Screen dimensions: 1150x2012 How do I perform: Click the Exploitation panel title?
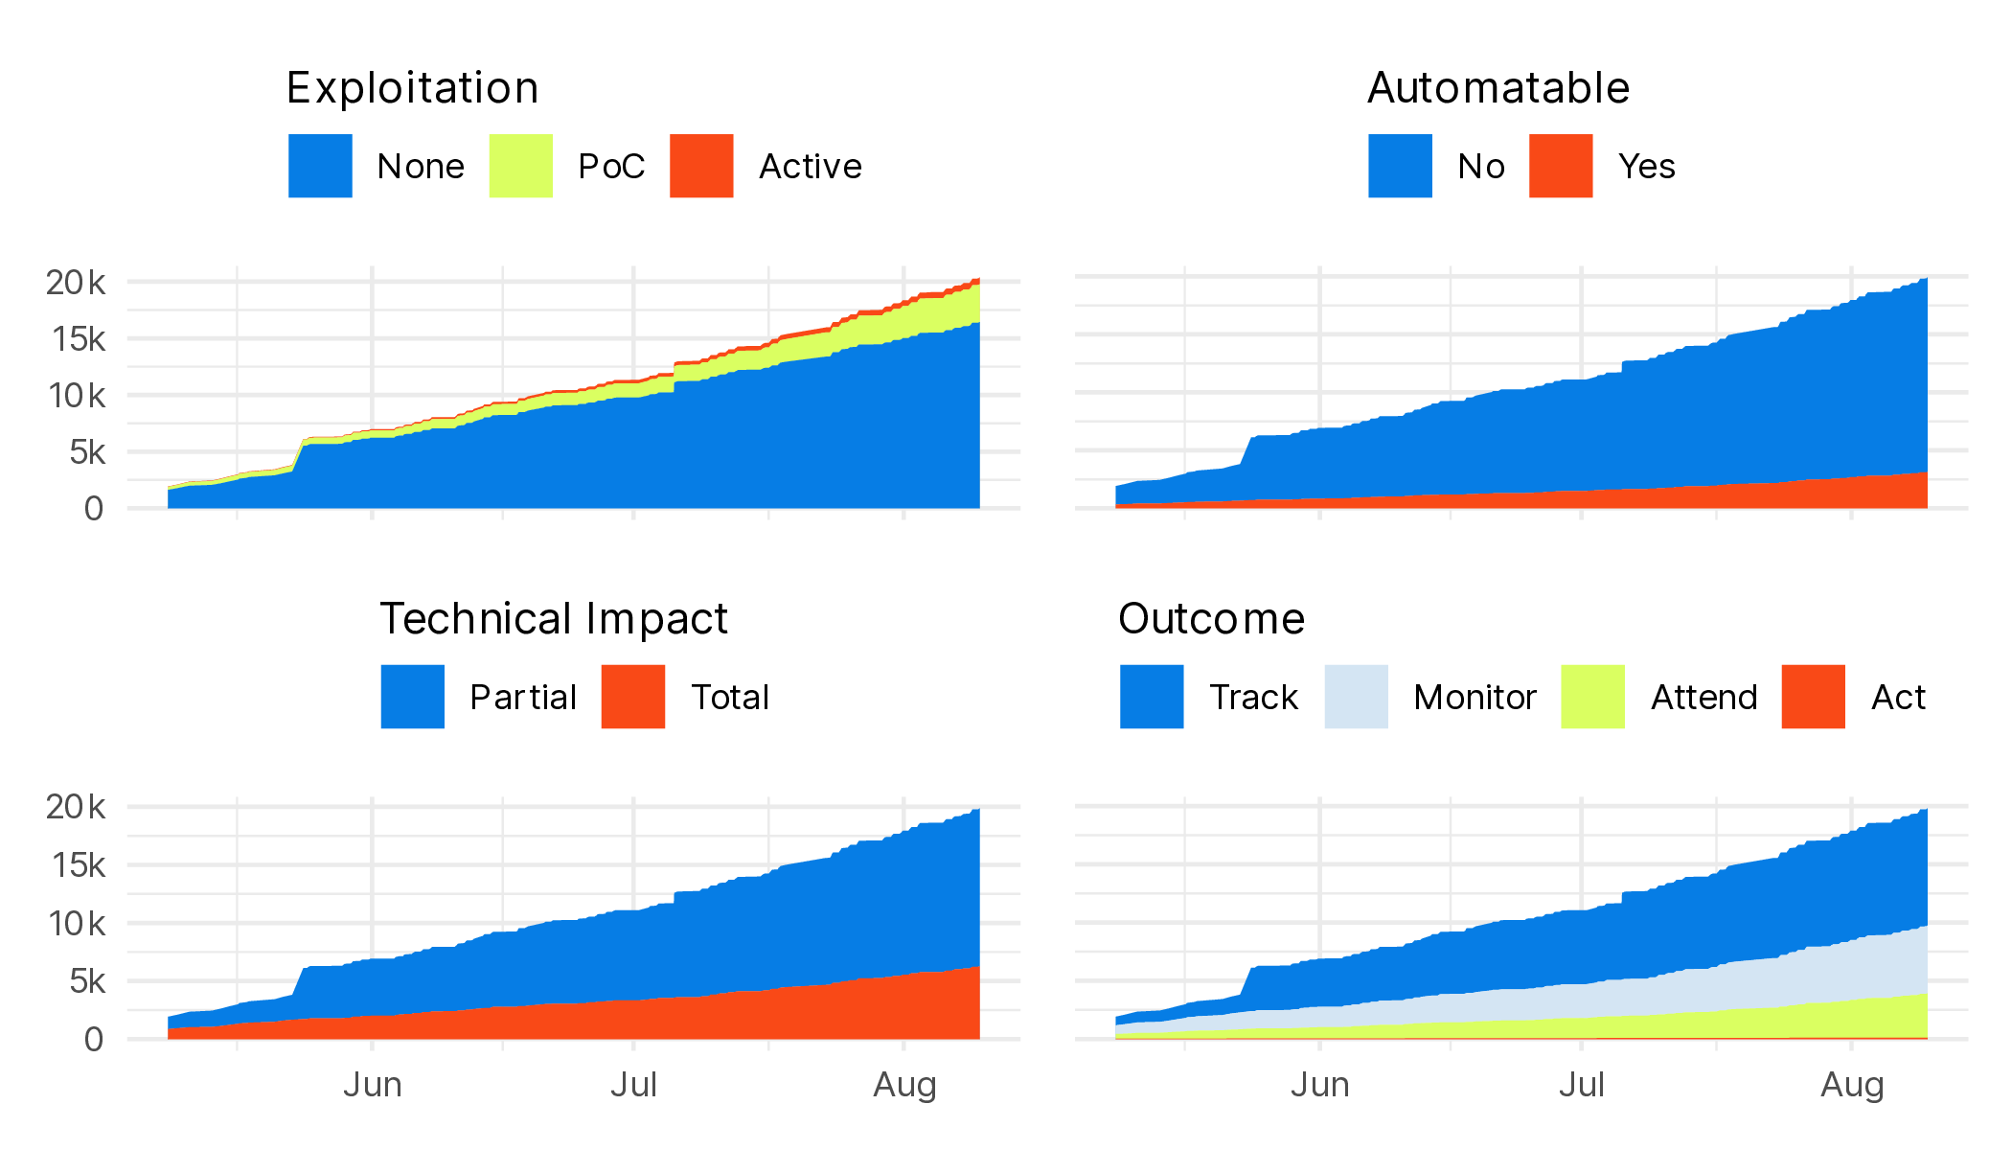coord(412,88)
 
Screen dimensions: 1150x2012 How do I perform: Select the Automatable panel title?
coord(1498,88)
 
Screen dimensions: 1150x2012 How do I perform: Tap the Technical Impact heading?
coord(554,619)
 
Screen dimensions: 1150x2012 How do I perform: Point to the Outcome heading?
coord(1211,619)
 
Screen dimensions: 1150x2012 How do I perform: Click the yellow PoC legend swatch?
coord(520,166)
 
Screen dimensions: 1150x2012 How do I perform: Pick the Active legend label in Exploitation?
coord(811,167)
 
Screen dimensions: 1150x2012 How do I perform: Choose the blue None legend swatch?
coord(320,166)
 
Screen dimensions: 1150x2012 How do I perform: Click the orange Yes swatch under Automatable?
coord(1561,166)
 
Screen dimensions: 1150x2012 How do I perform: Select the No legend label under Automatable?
coord(1481,167)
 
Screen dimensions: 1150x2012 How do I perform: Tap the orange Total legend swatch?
coord(632,697)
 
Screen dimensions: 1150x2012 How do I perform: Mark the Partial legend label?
coord(523,698)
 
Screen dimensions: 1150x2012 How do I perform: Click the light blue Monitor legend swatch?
coord(1356,697)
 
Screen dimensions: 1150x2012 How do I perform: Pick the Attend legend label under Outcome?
coord(1703,698)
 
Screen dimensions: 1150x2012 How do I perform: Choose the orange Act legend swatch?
coord(1813,697)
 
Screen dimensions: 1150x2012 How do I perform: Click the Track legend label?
coord(1253,698)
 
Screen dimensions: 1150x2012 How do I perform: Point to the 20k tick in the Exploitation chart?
coord(76,283)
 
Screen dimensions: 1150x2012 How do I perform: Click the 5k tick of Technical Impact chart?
coord(86,981)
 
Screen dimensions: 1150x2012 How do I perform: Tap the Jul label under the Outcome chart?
coord(1581,1085)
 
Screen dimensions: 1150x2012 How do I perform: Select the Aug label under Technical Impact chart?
coord(904,1085)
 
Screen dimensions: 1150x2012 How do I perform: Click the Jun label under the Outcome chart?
coord(1319,1085)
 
